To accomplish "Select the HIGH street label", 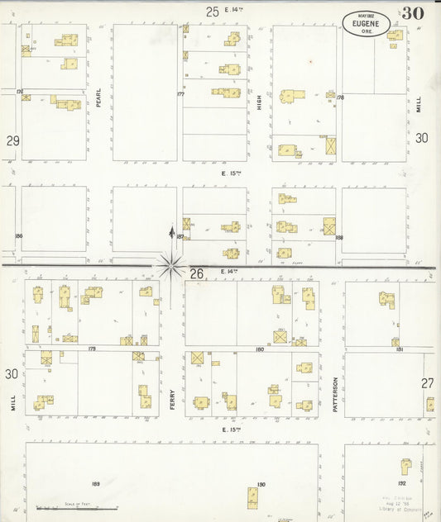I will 259,102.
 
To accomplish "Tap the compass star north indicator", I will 171,264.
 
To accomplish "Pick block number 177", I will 180,94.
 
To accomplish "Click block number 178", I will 339,97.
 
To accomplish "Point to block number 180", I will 260,349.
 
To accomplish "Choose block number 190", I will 261,484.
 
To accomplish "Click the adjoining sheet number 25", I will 213,11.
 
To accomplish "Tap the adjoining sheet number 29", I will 12,141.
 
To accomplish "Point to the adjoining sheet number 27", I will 427,382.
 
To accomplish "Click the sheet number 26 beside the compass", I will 196,273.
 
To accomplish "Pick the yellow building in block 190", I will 252,498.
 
